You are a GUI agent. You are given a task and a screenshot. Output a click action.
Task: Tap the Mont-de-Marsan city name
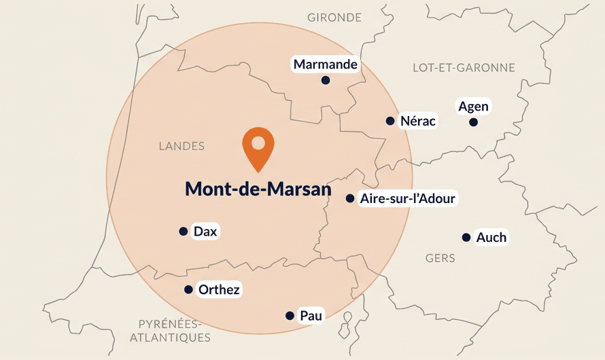(x=258, y=190)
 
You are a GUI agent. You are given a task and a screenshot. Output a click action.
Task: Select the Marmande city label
(x=326, y=65)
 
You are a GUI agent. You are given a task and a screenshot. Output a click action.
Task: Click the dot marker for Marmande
(x=326, y=80)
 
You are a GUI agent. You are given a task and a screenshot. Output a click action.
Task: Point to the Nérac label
(x=418, y=121)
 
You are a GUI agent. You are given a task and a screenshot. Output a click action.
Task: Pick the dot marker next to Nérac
(x=390, y=121)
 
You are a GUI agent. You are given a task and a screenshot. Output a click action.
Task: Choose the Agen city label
(x=473, y=107)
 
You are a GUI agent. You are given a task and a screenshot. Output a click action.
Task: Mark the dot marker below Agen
(x=473, y=122)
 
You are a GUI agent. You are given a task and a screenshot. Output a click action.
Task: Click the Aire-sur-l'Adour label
(x=408, y=198)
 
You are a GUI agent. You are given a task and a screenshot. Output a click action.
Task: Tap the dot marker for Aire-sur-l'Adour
(x=350, y=198)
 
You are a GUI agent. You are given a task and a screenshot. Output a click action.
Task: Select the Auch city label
(x=491, y=237)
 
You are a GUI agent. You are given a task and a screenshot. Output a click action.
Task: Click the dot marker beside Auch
(x=466, y=237)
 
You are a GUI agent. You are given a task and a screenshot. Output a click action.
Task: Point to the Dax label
(x=205, y=232)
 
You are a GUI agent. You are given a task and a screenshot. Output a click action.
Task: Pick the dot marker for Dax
(x=183, y=232)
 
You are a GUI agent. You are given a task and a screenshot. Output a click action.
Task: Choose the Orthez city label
(x=219, y=290)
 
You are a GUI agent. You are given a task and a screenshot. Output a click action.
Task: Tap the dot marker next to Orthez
(x=188, y=290)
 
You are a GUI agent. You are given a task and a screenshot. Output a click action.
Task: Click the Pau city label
(x=311, y=315)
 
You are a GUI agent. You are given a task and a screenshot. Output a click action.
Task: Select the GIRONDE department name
(x=334, y=17)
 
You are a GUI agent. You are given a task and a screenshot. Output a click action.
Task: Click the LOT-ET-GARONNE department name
(x=464, y=67)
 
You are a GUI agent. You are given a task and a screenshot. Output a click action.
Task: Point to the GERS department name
(x=440, y=258)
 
